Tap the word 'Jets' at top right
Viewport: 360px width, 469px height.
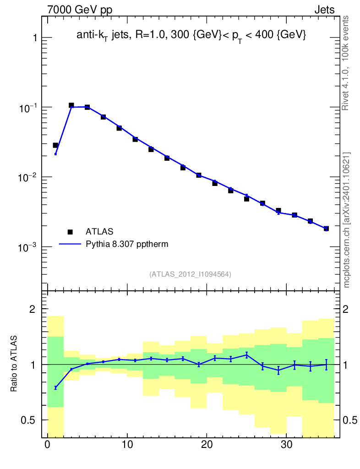pos(324,10)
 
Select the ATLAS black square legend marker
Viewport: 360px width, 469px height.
pos(70,231)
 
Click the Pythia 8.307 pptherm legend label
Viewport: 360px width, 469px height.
pos(127,244)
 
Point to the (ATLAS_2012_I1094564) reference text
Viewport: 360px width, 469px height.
pos(190,274)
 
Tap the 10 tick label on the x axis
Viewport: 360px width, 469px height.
pos(127,445)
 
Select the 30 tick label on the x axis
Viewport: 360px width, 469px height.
pos(286,445)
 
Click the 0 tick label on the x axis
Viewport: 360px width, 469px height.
pos(48,445)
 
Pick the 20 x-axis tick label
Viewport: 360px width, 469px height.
pos(207,445)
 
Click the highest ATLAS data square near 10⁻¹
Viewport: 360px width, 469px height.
pos(71,105)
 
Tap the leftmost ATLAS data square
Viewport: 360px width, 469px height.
pos(55,145)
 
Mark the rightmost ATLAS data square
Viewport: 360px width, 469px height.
pos(326,229)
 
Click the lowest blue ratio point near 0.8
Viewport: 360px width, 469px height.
pos(55,387)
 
